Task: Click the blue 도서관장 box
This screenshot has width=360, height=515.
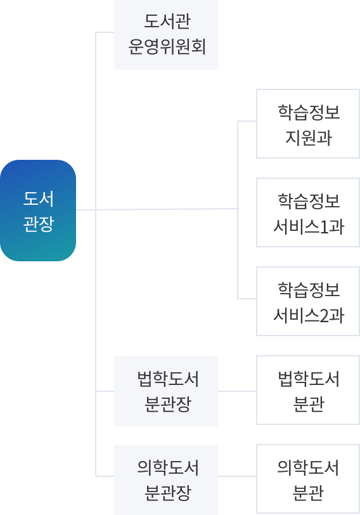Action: click(38, 211)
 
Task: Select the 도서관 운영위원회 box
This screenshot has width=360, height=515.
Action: click(166, 34)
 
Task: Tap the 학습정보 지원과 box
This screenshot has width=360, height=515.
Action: click(308, 124)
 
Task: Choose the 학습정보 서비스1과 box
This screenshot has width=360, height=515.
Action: click(308, 212)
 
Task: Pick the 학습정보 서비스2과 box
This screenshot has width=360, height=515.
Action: click(308, 301)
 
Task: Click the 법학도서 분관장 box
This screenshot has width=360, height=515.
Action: click(166, 391)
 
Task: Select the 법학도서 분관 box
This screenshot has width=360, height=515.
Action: click(308, 390)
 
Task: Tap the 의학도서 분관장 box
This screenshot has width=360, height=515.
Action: click(166, 480)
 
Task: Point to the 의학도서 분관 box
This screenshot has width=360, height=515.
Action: click(308, 479)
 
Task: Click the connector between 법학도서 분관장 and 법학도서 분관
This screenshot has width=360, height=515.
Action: click(237, 391)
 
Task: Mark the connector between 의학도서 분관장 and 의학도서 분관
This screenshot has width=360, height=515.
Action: click(237, 476)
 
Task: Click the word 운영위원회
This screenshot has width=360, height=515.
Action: click(167, 47)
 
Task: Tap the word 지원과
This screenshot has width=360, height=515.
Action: click(309, 138)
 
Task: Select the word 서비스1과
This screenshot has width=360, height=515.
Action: click(309, 226)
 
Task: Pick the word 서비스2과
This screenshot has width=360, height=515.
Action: click(309, 315)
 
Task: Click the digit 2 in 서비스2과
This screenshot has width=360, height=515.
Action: click(324, 316)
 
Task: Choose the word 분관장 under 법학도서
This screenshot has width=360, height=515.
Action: click(168, 404)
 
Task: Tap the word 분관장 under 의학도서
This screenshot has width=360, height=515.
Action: click(168, 493)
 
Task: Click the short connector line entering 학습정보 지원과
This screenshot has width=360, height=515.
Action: click(247, 121)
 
